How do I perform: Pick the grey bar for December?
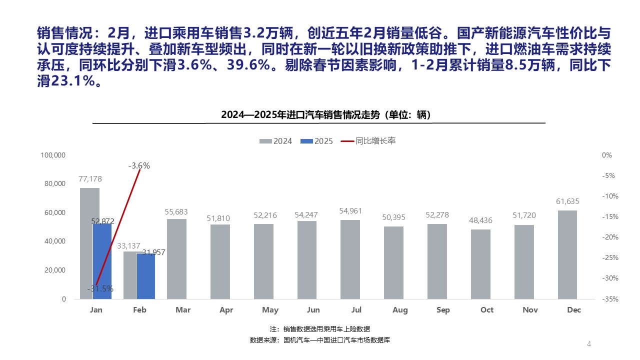click(567, 254)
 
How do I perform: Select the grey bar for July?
click(350, 259)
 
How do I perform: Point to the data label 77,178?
click(89, 178)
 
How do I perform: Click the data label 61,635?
click(567, 201)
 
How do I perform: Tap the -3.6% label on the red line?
click(139, 165)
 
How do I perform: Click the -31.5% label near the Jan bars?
click(100, 288)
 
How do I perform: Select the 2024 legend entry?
click(276, 141)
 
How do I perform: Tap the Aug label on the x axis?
click(400, 310)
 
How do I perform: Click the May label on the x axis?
click(270, 310)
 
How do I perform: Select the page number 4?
click(589, 344)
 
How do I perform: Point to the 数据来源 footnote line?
click(319, 340)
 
